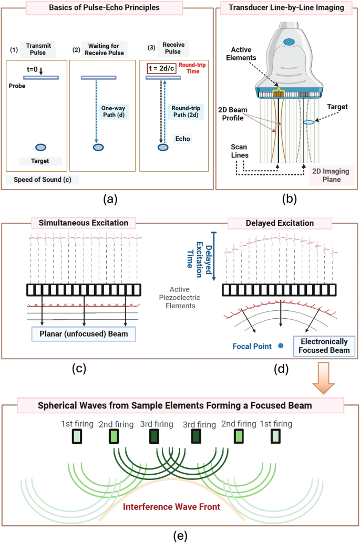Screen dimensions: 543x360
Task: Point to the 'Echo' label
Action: [182, 139]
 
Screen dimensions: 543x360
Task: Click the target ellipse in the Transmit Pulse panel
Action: [42, 147]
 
